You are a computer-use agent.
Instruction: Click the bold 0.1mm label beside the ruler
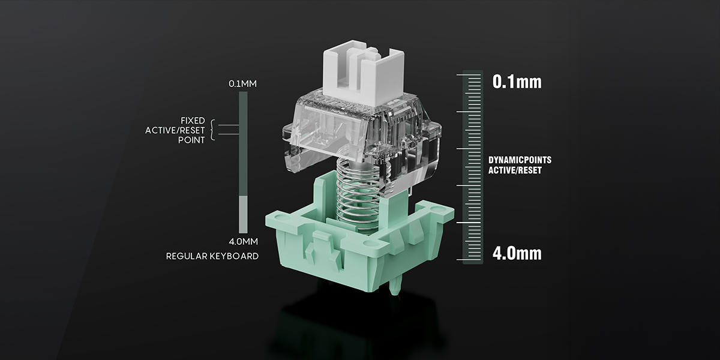pyautogui.click(x=517, y=82)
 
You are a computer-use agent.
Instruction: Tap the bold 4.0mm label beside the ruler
pyautogui.click(x=517, y=253)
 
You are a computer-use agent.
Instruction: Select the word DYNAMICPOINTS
pyautogui.click(x=520, y=160)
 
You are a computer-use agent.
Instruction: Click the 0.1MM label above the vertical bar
pyautogui.click(x=242, y=84)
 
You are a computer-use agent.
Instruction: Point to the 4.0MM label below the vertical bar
pyautogui.click(x=244, y=241)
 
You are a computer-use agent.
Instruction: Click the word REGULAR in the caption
pyautogui.click(x=187, y=256)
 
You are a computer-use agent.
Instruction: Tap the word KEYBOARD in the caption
pyautogui.click(x=235, y=256)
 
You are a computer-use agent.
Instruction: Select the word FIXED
pyautogui.click(x=193, y=121)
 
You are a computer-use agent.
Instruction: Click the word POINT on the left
pyautogui.click(x=191, y=140)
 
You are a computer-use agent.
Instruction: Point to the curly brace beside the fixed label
pyautogui.click(x=212, y=130)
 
